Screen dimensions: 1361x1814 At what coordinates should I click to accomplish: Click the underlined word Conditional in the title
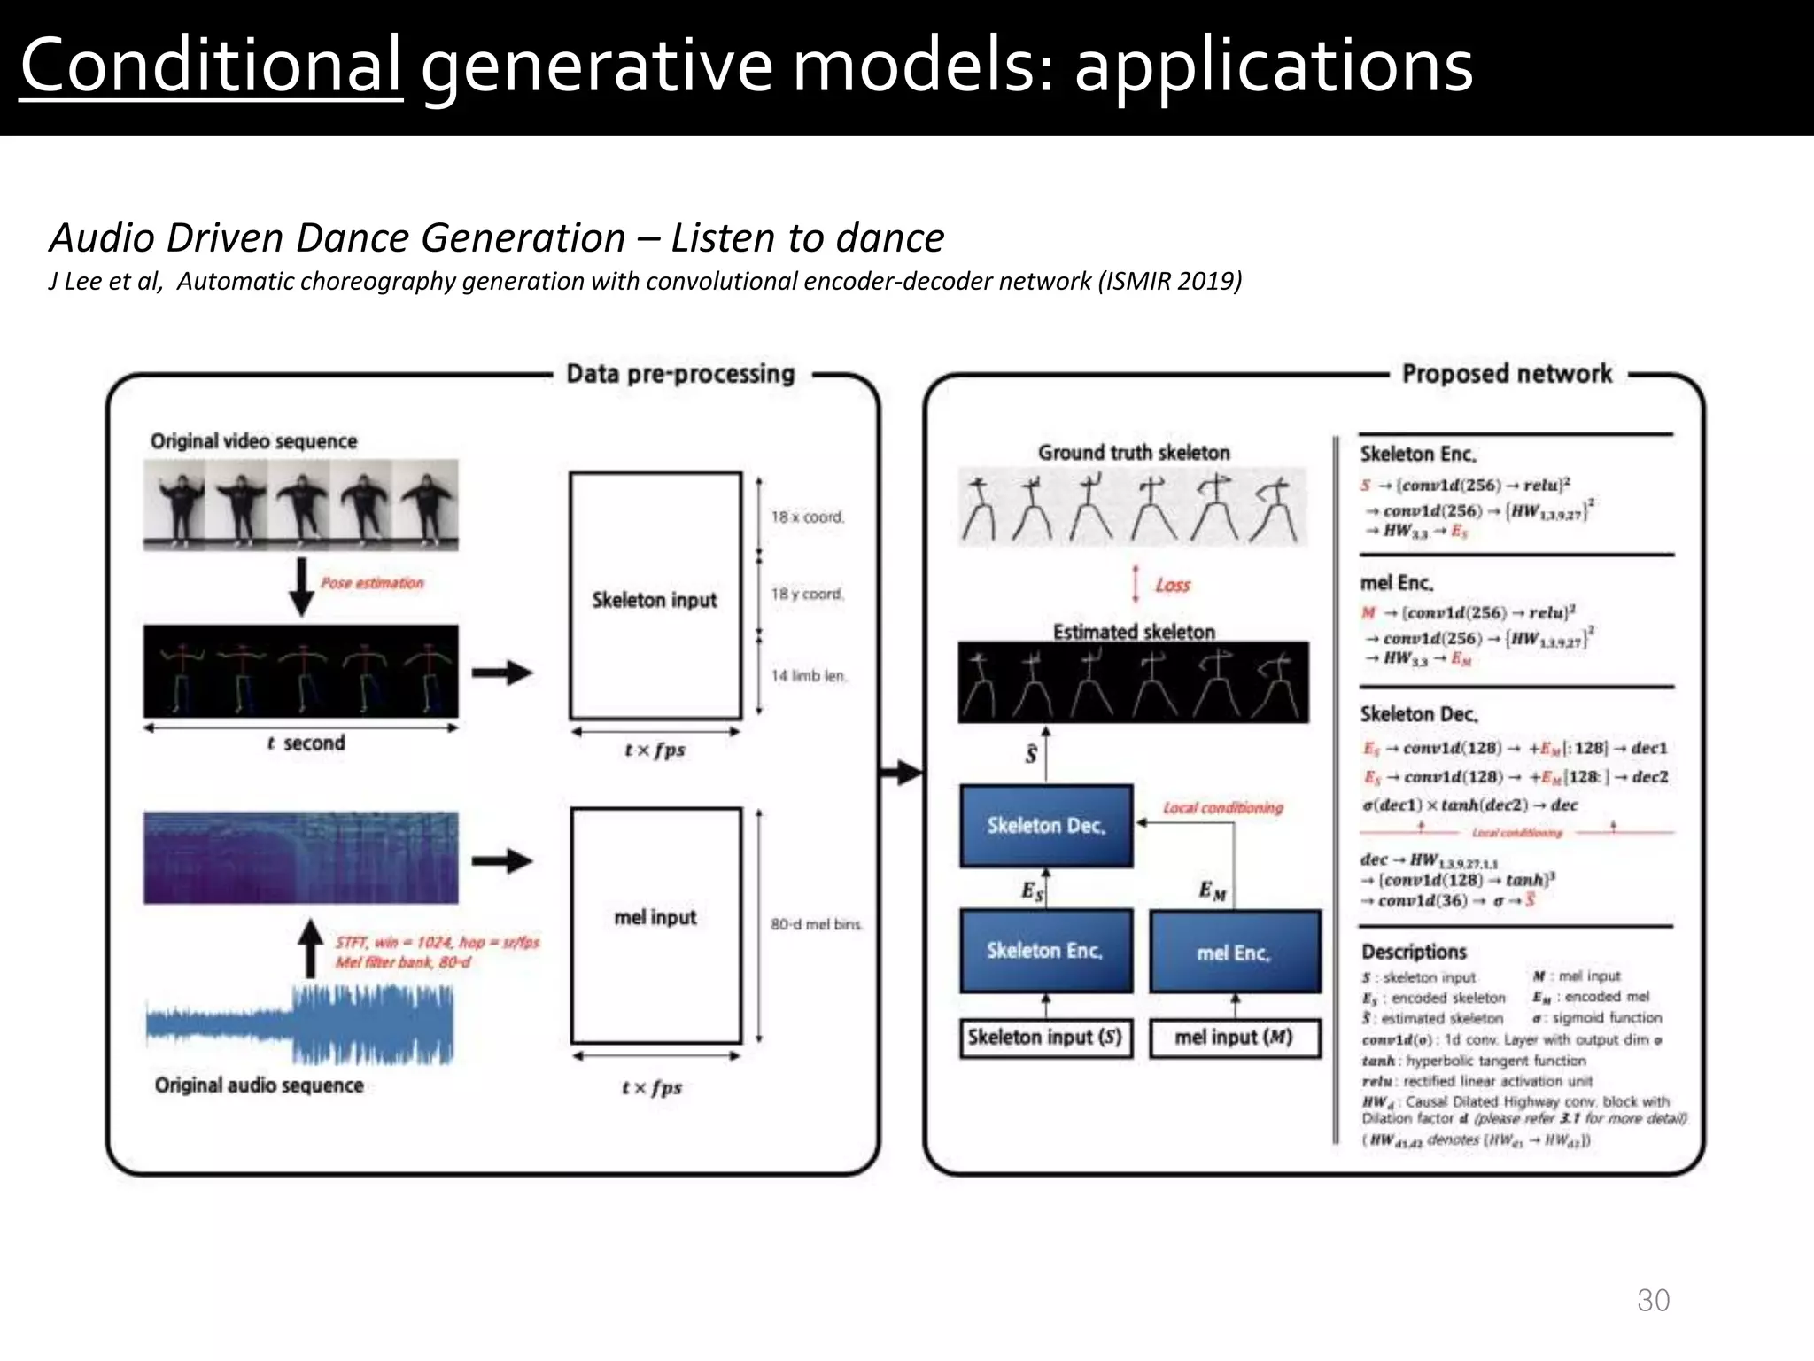coord(211,66)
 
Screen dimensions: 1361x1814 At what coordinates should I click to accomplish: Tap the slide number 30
coord(1653,1300)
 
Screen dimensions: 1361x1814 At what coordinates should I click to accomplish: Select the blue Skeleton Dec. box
coord(1046,826)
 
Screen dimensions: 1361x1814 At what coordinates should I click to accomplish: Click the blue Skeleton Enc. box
coord(1046,951)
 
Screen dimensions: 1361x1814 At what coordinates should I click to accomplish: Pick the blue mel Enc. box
coord(1234,953)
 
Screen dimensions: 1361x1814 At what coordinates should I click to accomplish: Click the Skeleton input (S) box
coord(1045,1038)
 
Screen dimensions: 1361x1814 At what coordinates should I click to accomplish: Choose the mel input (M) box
coord(1234,1038)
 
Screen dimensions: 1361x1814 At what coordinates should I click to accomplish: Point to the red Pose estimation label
coord(372,583)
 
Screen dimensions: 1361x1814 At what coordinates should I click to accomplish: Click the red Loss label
coord(1173,585)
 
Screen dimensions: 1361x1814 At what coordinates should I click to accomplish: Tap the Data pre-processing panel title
coord(680,374)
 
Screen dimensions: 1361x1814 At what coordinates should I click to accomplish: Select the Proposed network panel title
coord(1507,374)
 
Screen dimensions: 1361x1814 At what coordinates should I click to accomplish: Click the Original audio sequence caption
coord(259,1085)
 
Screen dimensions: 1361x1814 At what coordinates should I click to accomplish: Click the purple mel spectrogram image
coord(301,858)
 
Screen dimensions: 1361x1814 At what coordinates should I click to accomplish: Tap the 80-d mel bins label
coord(816,924)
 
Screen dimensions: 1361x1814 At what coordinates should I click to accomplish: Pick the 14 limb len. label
coord(809,676)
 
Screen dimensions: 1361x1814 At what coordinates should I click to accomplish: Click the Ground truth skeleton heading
coord(1134,453)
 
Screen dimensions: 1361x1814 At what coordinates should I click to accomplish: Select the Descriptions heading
coord(1414,952)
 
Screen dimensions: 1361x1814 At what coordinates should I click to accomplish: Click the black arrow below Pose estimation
coord(302,586)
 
